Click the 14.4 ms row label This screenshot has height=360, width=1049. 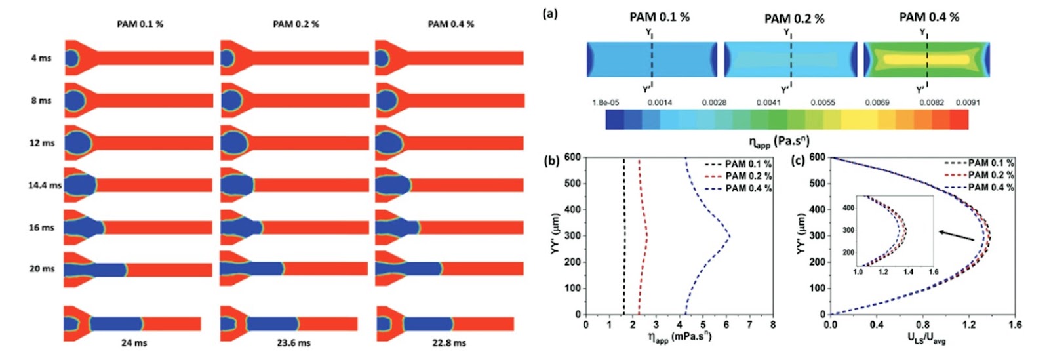[x=45, y=185]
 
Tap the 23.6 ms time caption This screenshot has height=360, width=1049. [x=293, y=343]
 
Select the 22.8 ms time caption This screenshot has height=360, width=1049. [x=448, y=343]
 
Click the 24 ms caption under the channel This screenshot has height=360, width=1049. [x=134, y=343]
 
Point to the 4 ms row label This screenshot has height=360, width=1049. [x=41, y=58]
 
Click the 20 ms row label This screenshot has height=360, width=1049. [x=42, y=269]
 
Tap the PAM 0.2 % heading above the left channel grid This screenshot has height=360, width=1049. [x=296, y=24]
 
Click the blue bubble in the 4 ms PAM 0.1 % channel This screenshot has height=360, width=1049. [x=71, y=58]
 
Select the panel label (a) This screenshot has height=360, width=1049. [x=550, y=14]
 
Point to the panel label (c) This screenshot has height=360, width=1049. [x=798, y=161]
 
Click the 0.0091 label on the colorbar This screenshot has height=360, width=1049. [x=968, y=102]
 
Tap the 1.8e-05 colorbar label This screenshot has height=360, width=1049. [x=606, y=102]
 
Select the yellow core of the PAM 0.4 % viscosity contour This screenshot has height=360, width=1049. [x=926, y=60]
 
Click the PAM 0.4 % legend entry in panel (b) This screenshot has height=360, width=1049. [x=738, y=189]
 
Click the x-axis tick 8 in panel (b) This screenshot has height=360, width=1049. [x=773, y=325]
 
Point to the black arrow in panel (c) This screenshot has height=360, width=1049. [x=958, y=236]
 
